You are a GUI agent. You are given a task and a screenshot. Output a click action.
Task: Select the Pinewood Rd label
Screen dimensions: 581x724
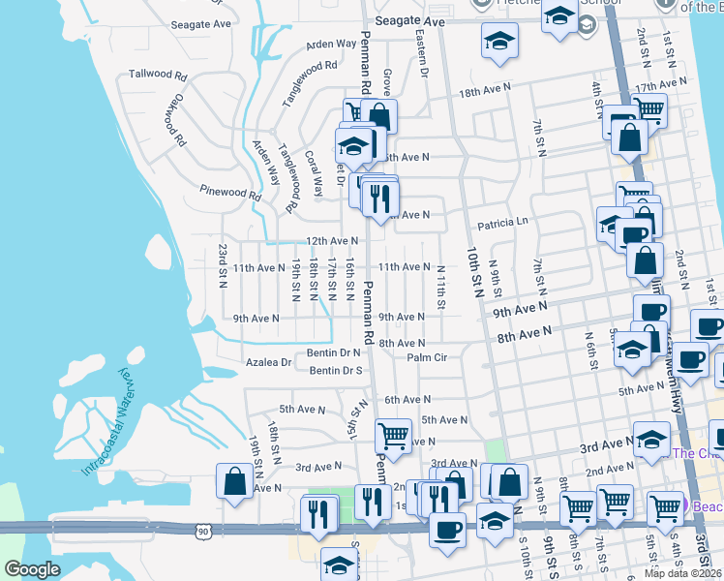click(x=230, y=193)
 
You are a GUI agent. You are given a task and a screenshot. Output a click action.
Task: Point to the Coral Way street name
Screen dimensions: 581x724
click(x=316, y=173)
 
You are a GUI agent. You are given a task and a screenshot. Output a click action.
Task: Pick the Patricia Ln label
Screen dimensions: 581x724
click(x=502, y=221)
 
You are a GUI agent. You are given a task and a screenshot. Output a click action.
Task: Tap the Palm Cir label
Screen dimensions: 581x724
click(x=427, y=357)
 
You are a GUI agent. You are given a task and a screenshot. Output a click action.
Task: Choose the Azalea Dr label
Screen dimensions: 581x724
click(x=272, y=362)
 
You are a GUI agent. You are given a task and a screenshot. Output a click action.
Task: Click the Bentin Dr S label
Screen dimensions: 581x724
click(x=336, y=370)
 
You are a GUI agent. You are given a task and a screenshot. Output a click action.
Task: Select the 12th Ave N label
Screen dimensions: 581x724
click(x=332, y=240)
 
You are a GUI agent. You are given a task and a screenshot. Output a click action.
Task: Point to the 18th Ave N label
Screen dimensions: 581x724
click(x=484, y=91)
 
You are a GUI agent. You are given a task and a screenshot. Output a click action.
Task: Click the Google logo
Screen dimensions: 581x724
click(x=32, y=569)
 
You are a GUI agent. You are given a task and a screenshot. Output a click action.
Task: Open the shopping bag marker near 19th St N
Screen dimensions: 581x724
click(x=235, y=482)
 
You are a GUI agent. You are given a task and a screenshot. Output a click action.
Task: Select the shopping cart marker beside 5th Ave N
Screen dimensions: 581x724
click(x=393, y=436)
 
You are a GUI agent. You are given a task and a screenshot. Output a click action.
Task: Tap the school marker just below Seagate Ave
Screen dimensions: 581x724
click(x=499, y=42)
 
